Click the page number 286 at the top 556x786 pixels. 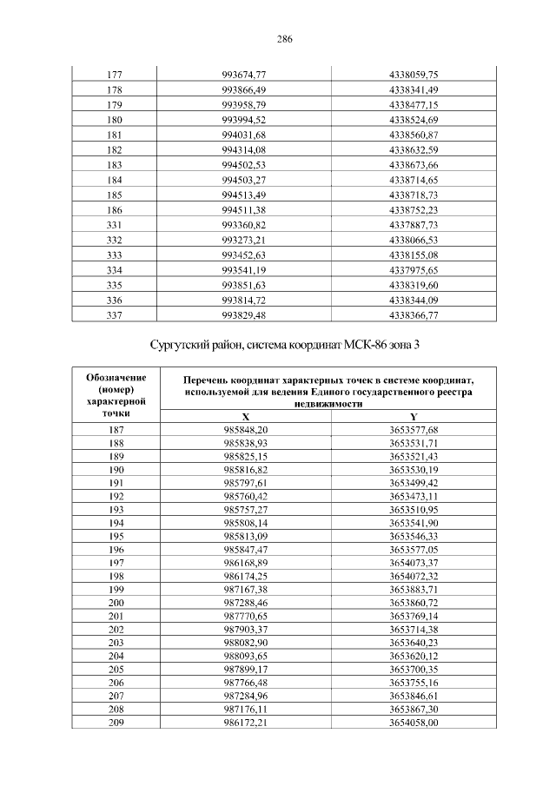pyautogui.click(x=283, y=39)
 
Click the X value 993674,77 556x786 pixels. pyautogui.click(x=244, y=75)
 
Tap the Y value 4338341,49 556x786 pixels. pyautogui.click(x=414, y=89)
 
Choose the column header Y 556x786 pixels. pyautogui.click(x=414, y=417)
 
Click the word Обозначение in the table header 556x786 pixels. pyautogui.click(x=116, y=378)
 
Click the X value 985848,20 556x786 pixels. pyautogui.click(x=246, y=430)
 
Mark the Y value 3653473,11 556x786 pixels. pyautogui.click(x=414, y=495)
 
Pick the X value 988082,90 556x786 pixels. pyautogui.click(x=246, y=642)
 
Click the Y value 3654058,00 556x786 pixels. pyautogui.click(x=414, y=721)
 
